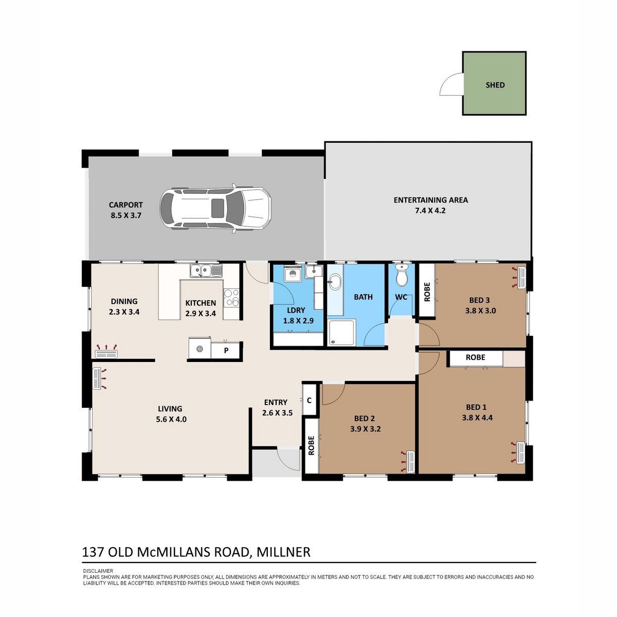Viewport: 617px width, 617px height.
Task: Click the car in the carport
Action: pyautogui.click(x=215, y=208)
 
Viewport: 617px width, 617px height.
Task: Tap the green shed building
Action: pyautogui.click(x=494, y=83)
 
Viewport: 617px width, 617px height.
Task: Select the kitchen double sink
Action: pyautogui.click(x=206, y=271)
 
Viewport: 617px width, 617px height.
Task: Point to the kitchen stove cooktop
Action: pyautogui.click(x=231, y=298)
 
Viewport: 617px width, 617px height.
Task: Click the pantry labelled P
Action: pyautogui.click(x=226, y=351)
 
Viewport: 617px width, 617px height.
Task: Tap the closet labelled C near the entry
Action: pyautogui.click(x=309, y=400)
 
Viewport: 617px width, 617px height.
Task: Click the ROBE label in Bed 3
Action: pyautogui.click(x=427, y=292)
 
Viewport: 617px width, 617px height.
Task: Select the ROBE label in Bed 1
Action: pyautogui.click(x=475, y=357)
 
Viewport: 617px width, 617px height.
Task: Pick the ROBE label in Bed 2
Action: pyautogui.click(x=311, y=445)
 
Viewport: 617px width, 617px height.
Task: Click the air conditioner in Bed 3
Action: pyautogui.click(x=521, y=277)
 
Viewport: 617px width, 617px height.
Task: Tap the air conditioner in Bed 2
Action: pyautogui.click(x=410, y=462)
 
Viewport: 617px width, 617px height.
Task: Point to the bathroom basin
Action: pyautogui.click(x=335, y=282)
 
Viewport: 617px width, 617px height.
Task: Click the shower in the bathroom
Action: pyautogui.click(x=341, y=332)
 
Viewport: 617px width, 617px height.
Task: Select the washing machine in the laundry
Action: pyautogui.click(x=293, y=275)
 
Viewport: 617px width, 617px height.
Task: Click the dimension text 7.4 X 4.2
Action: pyautogui.click(x=430, y=211)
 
